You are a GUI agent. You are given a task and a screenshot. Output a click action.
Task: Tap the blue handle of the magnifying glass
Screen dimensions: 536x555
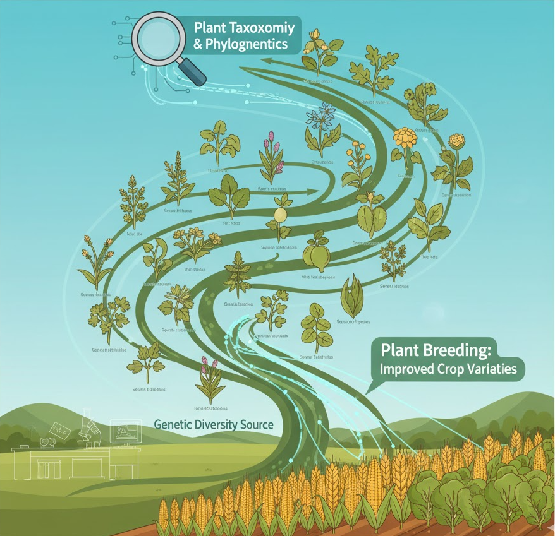194,73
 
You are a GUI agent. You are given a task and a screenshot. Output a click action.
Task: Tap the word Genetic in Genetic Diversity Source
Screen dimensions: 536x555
173,424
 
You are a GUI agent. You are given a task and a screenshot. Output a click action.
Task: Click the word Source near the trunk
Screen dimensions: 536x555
252,424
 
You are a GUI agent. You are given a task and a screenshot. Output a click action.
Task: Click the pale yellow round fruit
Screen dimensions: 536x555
279,214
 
